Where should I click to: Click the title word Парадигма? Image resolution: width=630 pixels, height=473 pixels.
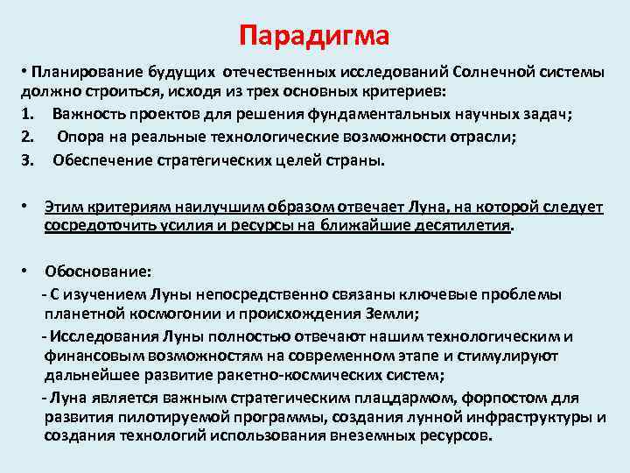(314, 37)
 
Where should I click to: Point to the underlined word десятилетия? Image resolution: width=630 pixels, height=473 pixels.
(463, 224)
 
